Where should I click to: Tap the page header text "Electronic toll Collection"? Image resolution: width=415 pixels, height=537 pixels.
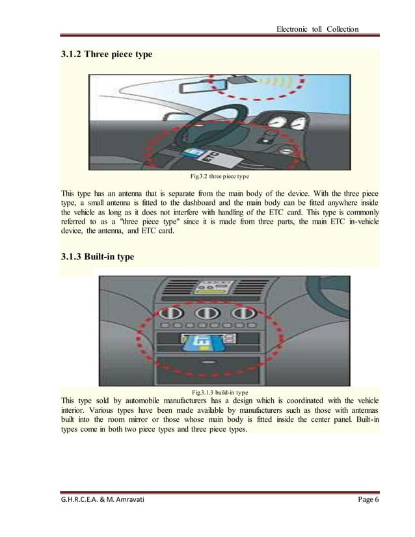317,29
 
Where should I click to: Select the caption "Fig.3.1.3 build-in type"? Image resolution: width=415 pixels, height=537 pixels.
220,392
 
